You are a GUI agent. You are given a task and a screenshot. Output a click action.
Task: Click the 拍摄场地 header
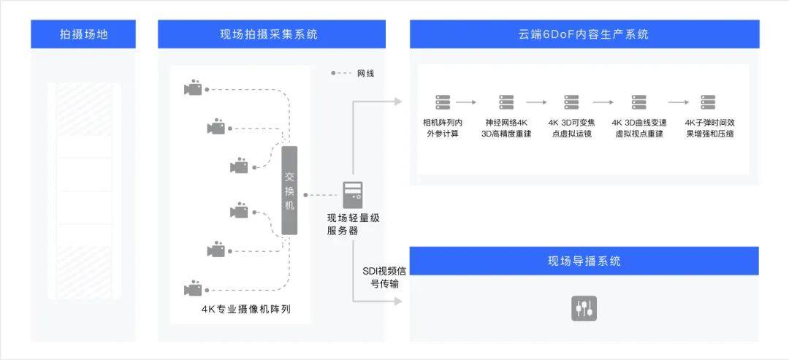(83, 34)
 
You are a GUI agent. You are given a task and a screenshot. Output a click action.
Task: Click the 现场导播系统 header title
(584, 261)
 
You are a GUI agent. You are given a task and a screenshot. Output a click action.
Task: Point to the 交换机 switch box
(290, 191)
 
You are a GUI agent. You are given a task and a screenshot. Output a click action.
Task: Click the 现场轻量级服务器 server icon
(353, 194)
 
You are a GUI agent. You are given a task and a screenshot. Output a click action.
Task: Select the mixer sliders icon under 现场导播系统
(584, 308)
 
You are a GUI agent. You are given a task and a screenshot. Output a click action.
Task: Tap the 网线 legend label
(365, 74)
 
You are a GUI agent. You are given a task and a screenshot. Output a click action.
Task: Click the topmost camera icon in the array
(193, 88)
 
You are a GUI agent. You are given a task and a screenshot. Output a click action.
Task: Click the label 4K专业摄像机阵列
(246, 309)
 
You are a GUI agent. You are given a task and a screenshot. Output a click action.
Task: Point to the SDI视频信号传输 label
(381, 277)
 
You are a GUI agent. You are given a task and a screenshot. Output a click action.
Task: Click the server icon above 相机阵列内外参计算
(443, 102)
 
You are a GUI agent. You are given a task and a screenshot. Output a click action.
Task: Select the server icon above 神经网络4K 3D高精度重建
(506, 102)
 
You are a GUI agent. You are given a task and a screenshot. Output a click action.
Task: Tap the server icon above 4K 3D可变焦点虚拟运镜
(571, 102)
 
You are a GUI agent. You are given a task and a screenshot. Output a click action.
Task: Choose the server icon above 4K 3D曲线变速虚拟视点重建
(639, 102)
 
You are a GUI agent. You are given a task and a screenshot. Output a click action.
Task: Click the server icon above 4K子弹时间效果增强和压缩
(708, 102)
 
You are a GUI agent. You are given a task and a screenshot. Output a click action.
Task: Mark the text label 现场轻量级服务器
(353, 224)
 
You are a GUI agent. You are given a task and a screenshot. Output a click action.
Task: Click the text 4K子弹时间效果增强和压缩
(709, 128)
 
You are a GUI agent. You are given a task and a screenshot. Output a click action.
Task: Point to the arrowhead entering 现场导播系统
(397, 301)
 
